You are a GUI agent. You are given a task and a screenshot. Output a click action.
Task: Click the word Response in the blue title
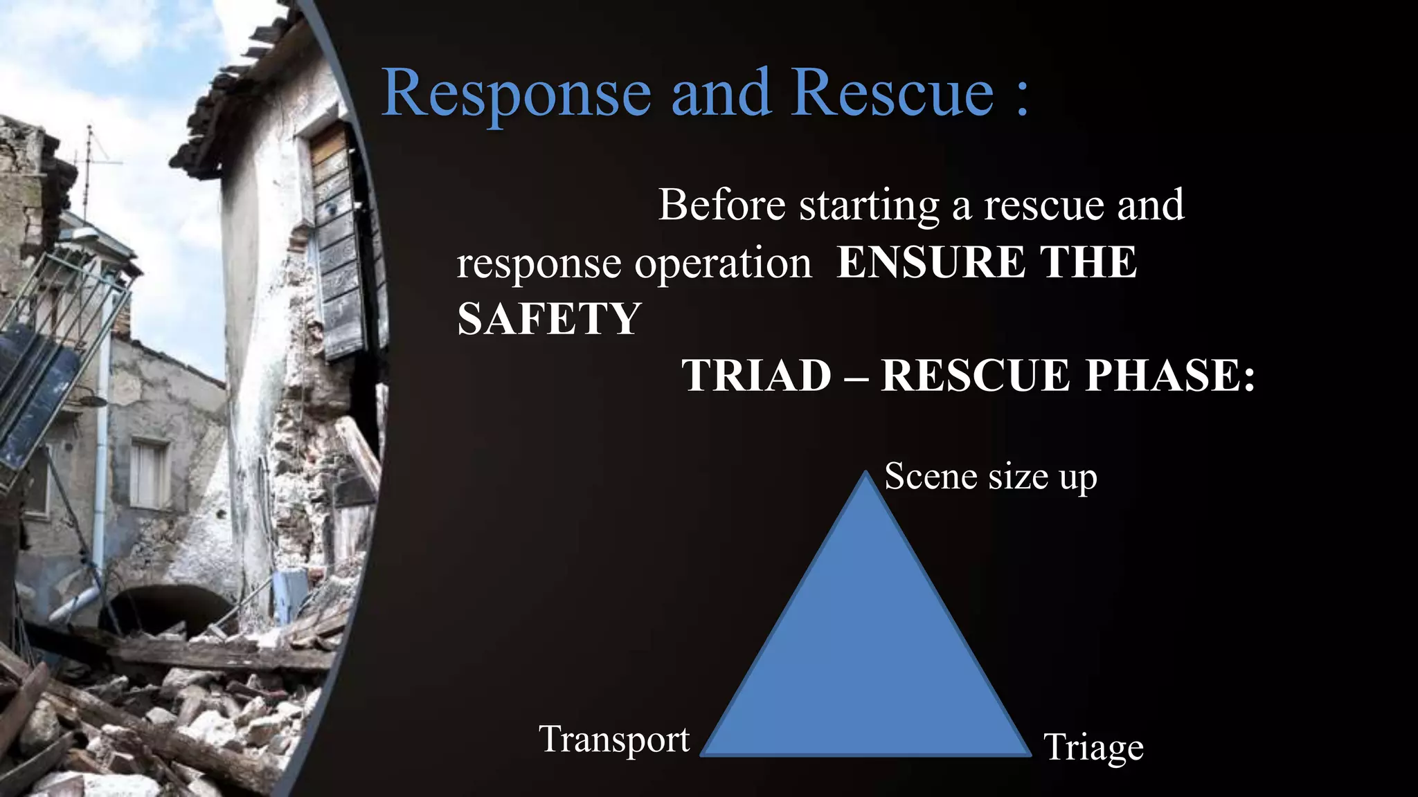point(516,93)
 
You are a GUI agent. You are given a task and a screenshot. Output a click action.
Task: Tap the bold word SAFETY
point(549,319)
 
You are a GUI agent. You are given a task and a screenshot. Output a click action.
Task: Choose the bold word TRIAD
point(756,376)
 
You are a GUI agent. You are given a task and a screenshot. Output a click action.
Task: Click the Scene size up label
point(990,477)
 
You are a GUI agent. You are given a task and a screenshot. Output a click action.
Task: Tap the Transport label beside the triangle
point(614,739)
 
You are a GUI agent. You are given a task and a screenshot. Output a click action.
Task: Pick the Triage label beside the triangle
point(1093,747)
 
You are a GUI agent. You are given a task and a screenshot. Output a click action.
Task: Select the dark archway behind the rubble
point(170,609)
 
